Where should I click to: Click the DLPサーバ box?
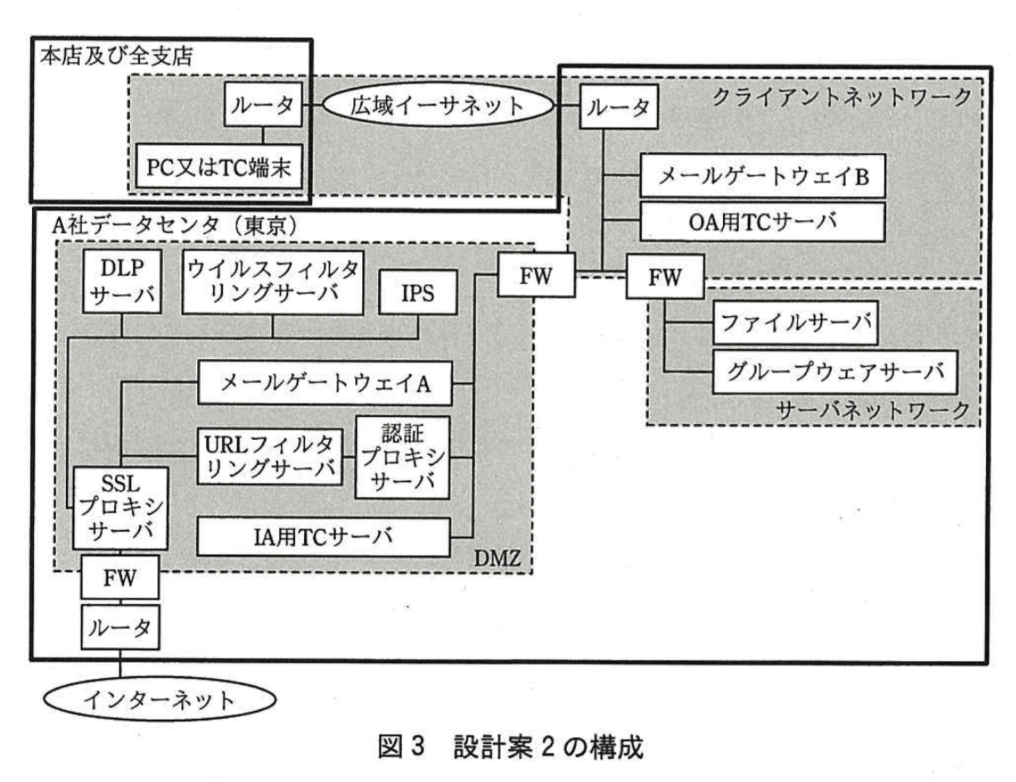(x=122, y=281)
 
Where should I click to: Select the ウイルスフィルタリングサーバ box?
(x=272, y=282)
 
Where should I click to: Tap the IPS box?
(x=418, y=293)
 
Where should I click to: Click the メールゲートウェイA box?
(x=325, y=383)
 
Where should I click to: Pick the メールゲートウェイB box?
(x=763, y=176)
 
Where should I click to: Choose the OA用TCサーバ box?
(x=763, y=222)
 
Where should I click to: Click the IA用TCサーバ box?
(x=324, y=536)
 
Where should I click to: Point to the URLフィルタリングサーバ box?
(x=269, y=456)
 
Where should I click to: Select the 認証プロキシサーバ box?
(x=402, y=457)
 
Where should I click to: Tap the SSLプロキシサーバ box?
(x=120, y=507)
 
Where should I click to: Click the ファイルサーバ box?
(x=795, y=322)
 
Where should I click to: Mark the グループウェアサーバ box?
(x=835, y=372)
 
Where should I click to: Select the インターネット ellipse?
(x=159, y=699)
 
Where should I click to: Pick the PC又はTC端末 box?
(x=219, y=167)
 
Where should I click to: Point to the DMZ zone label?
(x=497, y=557)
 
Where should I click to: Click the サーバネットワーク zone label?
(x=873, y=410)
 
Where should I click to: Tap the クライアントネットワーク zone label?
(x=841, y=97)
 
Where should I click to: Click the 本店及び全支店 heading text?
(x=116, y=56)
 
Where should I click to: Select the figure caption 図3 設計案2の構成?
(x=510, y=747)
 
